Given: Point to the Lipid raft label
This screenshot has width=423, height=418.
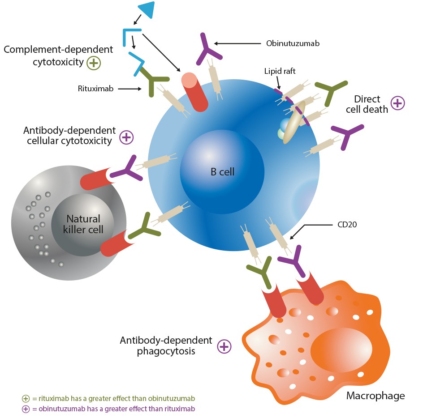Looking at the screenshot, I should click(x=281, y=71).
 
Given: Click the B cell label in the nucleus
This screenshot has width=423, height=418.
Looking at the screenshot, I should click(x=223, y=171).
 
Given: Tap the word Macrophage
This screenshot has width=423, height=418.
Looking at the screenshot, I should click(x=376, y=396).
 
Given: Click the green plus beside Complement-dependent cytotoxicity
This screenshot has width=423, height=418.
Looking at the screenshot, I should click(x=94, y=63).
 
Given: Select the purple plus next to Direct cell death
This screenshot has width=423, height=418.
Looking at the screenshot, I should click(x=398, y=103).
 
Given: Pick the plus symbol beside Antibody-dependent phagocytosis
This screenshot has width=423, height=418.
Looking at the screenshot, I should click(x=224, y=346).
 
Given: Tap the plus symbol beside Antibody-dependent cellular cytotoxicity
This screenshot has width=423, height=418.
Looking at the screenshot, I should click(x=126, y=137).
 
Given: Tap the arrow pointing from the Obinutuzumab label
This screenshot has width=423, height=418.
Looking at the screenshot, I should click(x=237, y=43).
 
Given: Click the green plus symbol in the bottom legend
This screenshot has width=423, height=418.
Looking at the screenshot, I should click(x=26, y=398).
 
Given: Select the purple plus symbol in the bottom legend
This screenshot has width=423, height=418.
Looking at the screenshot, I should click(x=26, y=409).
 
